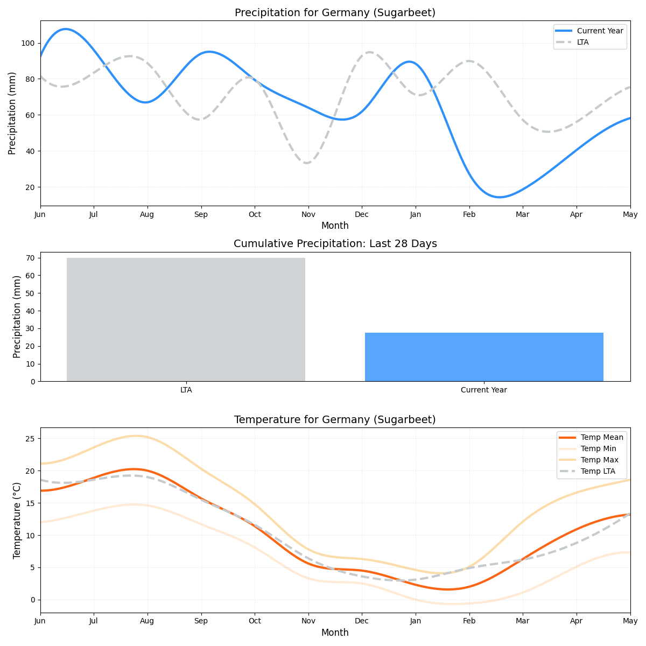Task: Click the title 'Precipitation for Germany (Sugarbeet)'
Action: pos(335,13)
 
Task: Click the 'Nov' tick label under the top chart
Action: pos(308,214)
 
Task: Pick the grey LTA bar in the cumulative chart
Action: pos(186,319)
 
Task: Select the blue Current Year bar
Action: pos(484,357)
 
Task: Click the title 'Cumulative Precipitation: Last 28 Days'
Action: pos(335,244)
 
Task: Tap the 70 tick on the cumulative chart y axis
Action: pos(30,258)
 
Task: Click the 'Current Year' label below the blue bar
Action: pos(483,390)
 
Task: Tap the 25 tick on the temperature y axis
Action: pos(30,439)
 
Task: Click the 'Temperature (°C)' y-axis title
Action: pos(17,520)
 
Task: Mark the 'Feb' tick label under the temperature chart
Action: pos(469,621)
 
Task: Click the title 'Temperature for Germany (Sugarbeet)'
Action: pos(335,420)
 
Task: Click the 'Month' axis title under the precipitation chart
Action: pos(335,226)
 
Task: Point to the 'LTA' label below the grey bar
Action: pos(186,390)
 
